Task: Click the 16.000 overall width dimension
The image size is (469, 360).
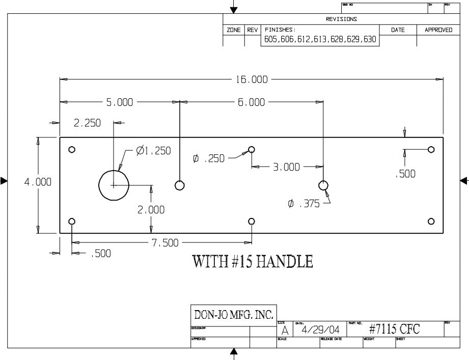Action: (251, 79)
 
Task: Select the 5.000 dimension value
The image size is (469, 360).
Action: (119, 102)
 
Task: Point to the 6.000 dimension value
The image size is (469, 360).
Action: (251, 102)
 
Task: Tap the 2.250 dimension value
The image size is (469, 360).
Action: (87, 123)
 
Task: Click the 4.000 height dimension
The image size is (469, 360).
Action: (38, 182)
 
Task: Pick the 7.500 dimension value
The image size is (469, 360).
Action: (165, 243)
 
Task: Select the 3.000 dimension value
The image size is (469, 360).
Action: (287, 167)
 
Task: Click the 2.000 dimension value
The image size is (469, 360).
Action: (151, 209)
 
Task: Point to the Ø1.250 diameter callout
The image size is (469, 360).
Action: (153, 151)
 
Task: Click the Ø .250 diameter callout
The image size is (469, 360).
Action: (209, 159)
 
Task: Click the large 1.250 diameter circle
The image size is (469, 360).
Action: (113, 185)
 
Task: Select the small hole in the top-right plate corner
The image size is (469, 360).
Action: (431, 149)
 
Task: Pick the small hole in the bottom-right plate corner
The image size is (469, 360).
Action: (431, 221)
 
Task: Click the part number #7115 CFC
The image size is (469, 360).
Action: (395, 329)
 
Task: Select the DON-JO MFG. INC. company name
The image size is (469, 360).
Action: (233, 313)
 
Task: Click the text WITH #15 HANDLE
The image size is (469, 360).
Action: (252, 262)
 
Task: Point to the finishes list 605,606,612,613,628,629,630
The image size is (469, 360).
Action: (320, 40)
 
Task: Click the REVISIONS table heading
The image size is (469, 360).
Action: (341, 19)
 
